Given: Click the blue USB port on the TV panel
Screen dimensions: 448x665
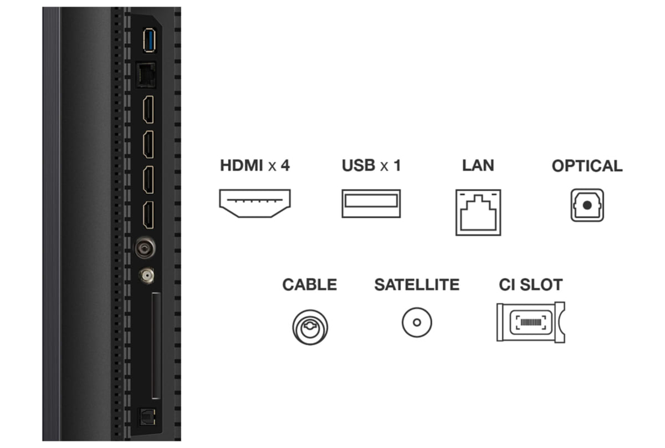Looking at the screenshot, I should pos(148,41).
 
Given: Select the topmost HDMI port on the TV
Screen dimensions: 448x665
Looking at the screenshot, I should pos(149,109).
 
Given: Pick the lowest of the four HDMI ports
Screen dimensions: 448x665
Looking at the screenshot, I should pos(149,216).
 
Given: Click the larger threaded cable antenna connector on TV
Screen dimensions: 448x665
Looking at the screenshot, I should pos(145,247).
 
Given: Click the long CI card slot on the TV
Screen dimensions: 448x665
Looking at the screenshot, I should pos(156,345).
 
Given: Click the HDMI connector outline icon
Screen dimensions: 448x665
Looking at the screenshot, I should pos(255,203).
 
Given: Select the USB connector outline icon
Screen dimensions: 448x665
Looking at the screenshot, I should pos(371,203).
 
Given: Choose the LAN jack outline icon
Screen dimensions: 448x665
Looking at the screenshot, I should pos(478,212).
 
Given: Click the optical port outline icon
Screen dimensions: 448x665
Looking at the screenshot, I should pos(587,205).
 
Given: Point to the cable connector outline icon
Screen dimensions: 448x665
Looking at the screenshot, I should pos(310,326).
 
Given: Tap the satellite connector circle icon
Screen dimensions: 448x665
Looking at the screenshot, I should pos(417,322).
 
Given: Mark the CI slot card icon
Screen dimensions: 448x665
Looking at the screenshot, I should pos(530,322).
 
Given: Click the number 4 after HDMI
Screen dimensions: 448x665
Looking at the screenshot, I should pos(285,165).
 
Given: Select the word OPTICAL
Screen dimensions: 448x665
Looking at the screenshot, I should pos(587,166).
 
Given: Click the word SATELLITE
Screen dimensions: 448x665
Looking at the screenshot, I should pos(417,285).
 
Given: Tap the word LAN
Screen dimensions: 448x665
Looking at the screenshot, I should pos(478,165).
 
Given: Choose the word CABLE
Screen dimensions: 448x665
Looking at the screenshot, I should pos(309,285).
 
